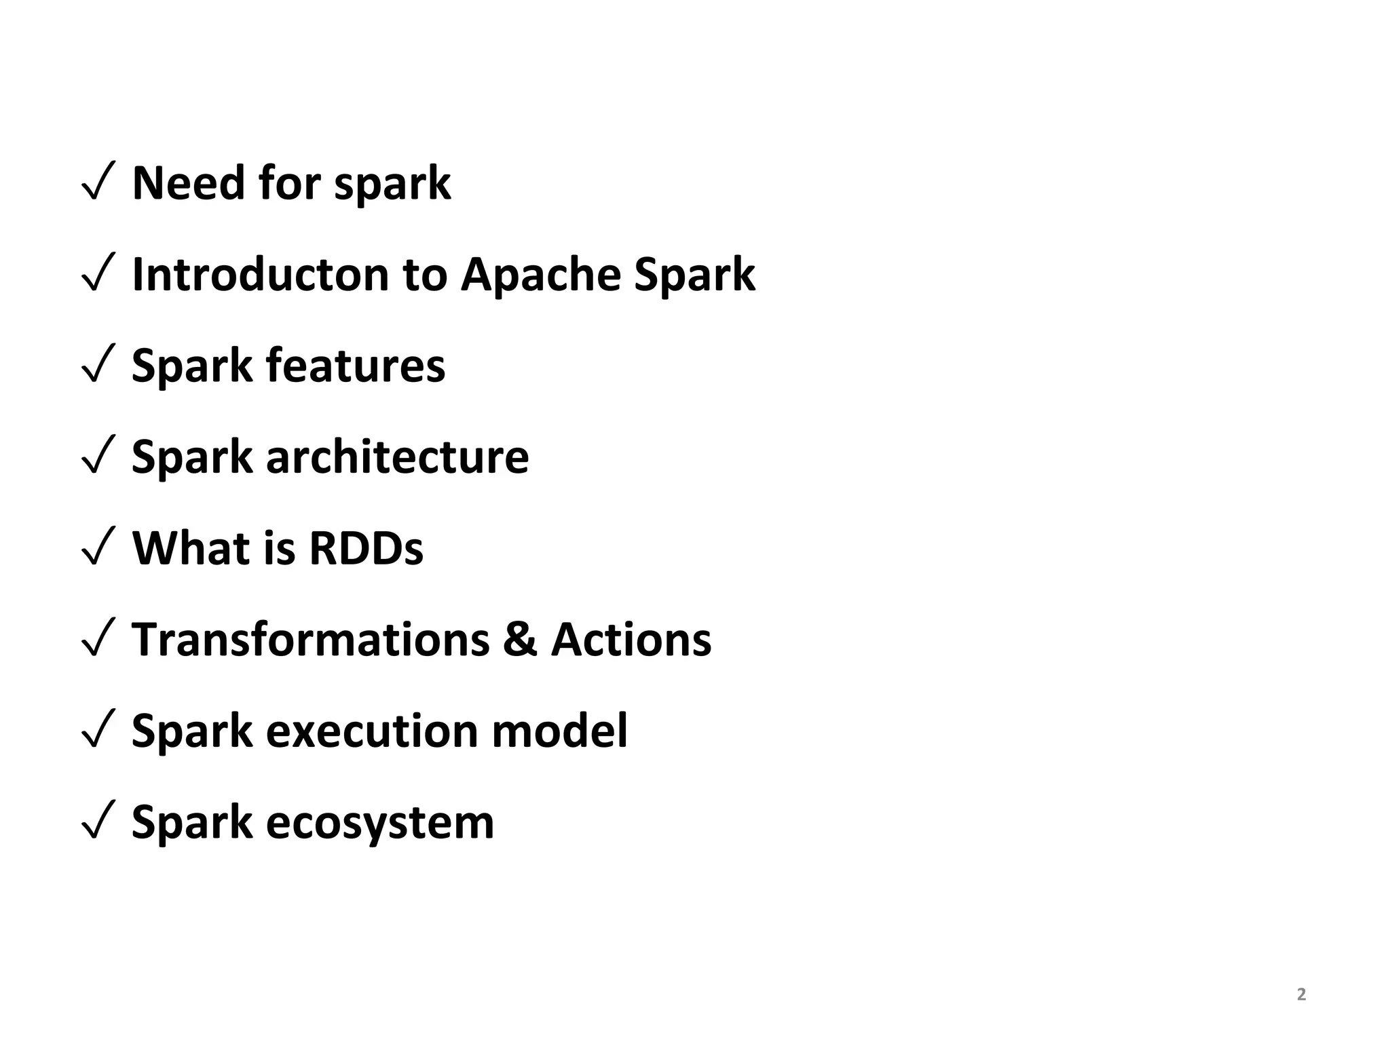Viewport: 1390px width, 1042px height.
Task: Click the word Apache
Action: (540, 275)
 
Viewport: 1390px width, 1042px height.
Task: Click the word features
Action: (355, 366)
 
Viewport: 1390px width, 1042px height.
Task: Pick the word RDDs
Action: (366, 548)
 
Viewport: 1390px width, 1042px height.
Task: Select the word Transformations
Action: (310, 640)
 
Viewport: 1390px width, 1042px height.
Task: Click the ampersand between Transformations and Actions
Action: (519, 640)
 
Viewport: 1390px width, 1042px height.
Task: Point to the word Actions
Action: (631, 640)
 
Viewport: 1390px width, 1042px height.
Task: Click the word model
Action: (559, 731)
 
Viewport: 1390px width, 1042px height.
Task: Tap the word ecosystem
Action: (380, 823)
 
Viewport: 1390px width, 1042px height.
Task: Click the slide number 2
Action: (1301, 995)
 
